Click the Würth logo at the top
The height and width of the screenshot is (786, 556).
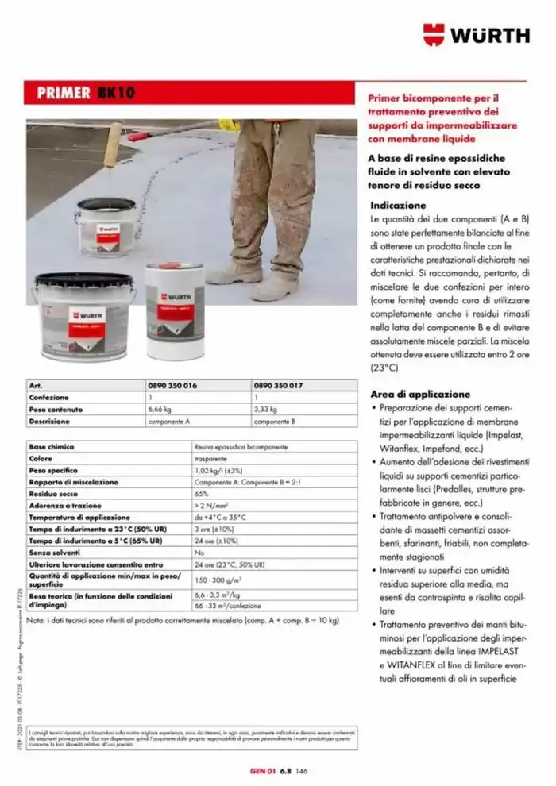pos(475,34)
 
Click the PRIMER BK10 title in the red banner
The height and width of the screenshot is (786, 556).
pos(85,93)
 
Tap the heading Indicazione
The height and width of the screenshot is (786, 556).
pos(398,206)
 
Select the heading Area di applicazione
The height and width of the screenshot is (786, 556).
pos(420,394)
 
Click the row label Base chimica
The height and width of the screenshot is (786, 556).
pos(52,447)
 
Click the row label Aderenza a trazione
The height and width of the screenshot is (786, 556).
pos(64,505)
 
